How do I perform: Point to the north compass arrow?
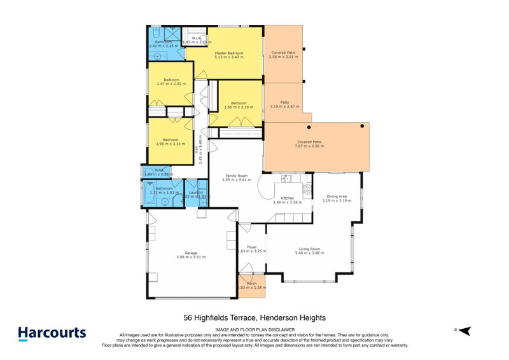point(464,331)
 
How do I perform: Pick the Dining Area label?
point(337,196)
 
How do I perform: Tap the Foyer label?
point(251,246)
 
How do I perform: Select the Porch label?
point(251,283)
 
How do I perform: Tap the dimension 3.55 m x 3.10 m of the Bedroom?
point(239,107)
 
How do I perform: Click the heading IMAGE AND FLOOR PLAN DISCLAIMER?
point(254,329)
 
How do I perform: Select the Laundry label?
point(195,192)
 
